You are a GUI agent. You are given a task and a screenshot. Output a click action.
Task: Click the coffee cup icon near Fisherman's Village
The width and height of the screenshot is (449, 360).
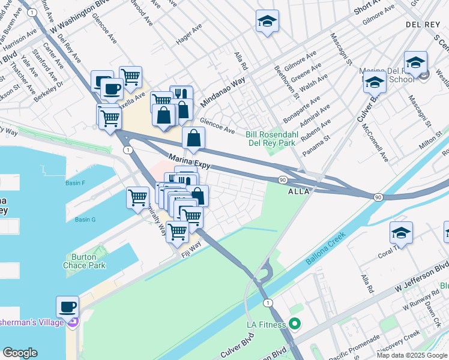[67, 307]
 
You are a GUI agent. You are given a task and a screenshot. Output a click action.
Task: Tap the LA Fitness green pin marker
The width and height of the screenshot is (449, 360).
[294, 325]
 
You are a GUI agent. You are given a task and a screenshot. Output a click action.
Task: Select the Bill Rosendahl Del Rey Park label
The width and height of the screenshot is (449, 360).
[271, 139]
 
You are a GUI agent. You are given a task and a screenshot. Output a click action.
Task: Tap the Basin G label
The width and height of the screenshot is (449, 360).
[85, 220]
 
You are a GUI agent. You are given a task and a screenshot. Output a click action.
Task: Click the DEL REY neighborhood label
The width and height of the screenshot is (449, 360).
[424, 25]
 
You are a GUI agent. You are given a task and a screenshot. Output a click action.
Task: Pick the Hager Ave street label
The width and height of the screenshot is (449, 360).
[189, 35]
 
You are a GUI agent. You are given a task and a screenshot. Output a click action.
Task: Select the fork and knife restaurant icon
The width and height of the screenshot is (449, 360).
[181, 95]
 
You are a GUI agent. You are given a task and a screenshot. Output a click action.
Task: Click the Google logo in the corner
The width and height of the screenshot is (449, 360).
[20, 353]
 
